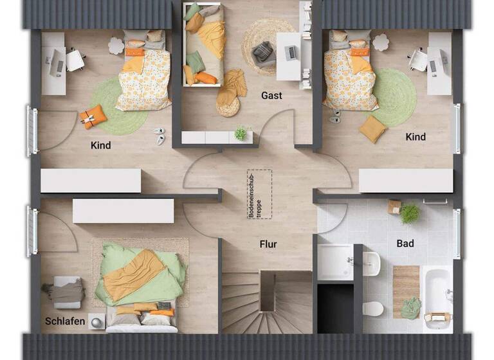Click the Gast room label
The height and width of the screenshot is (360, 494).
[271, 96]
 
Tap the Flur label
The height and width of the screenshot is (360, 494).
[268, 244]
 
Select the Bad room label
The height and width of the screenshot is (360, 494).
[405, 244]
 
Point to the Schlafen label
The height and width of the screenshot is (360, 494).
[65, 321]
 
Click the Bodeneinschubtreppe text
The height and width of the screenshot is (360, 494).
[259, 195]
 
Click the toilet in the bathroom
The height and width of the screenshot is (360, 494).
[372, 309]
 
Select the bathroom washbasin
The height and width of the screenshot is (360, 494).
[371, 262]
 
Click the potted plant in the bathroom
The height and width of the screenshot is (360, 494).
[409, 213]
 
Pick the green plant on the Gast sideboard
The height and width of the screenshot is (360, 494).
[241, 133]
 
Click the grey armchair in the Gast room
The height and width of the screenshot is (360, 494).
[262, 53]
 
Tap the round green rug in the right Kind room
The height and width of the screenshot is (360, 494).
[392, 96]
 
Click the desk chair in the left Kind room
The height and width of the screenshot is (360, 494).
[76, 60]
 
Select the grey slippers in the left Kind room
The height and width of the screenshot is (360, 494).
[160, 135]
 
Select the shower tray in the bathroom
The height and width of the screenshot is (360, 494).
[335, 262]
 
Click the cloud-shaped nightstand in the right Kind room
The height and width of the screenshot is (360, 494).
[381, 42]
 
